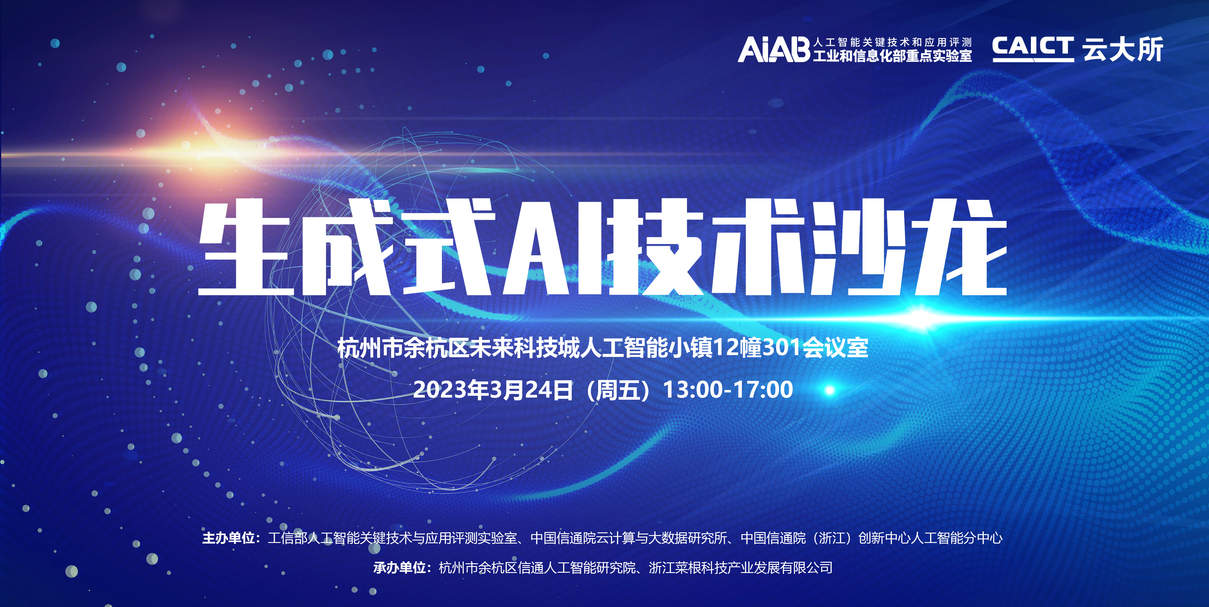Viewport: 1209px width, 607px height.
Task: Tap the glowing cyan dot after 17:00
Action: pos(829,390)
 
